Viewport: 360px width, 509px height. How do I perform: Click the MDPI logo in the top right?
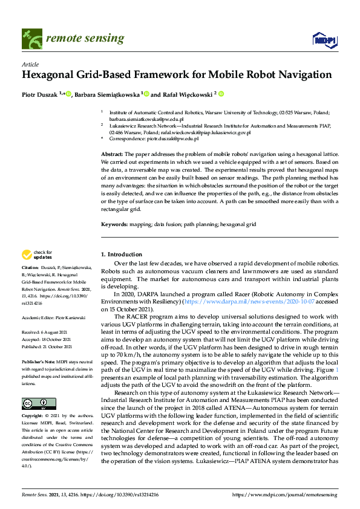coord(324,40)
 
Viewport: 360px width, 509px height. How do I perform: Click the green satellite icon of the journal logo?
coord(29,38)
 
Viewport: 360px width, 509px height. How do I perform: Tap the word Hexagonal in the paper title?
coord(53,76)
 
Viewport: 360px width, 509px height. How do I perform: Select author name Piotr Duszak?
coord(40,94)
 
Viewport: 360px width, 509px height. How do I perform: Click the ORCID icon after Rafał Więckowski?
coord(221,94)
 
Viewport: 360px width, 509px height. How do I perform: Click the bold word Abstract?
coord(113,155)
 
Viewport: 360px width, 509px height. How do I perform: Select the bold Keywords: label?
coord(115,224)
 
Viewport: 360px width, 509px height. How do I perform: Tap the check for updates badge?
coord(36,254)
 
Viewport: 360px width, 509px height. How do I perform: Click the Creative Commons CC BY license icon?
coord(39,386)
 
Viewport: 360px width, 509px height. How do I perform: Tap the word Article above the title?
coord(30,64)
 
